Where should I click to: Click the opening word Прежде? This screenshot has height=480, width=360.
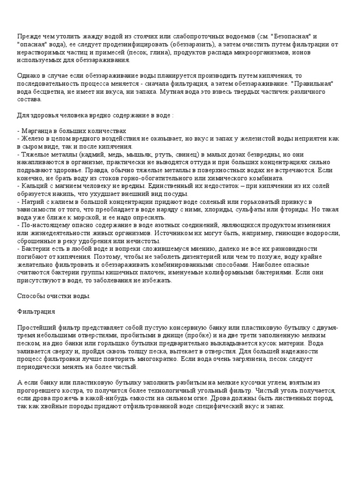pos(29,36)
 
